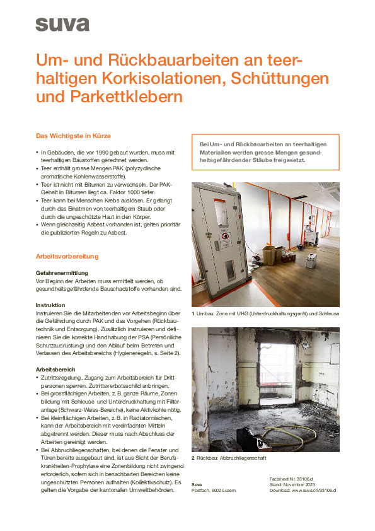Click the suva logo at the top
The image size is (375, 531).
pyautogui.click(x=62, y=24)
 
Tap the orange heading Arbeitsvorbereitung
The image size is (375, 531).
pyautogui.click(x=67, y=257)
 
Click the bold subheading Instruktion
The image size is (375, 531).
pyautogui.click(x=50, y=305)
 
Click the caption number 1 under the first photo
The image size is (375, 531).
pyautogui.click(x=193, y=313)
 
